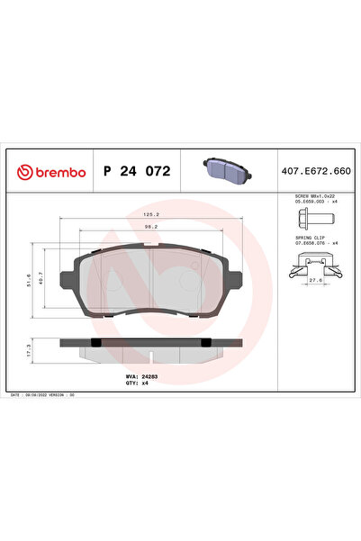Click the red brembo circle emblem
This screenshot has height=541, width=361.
(18, 171)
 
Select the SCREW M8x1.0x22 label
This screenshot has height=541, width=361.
(314, 195)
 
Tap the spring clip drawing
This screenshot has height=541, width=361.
(314, 263)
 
